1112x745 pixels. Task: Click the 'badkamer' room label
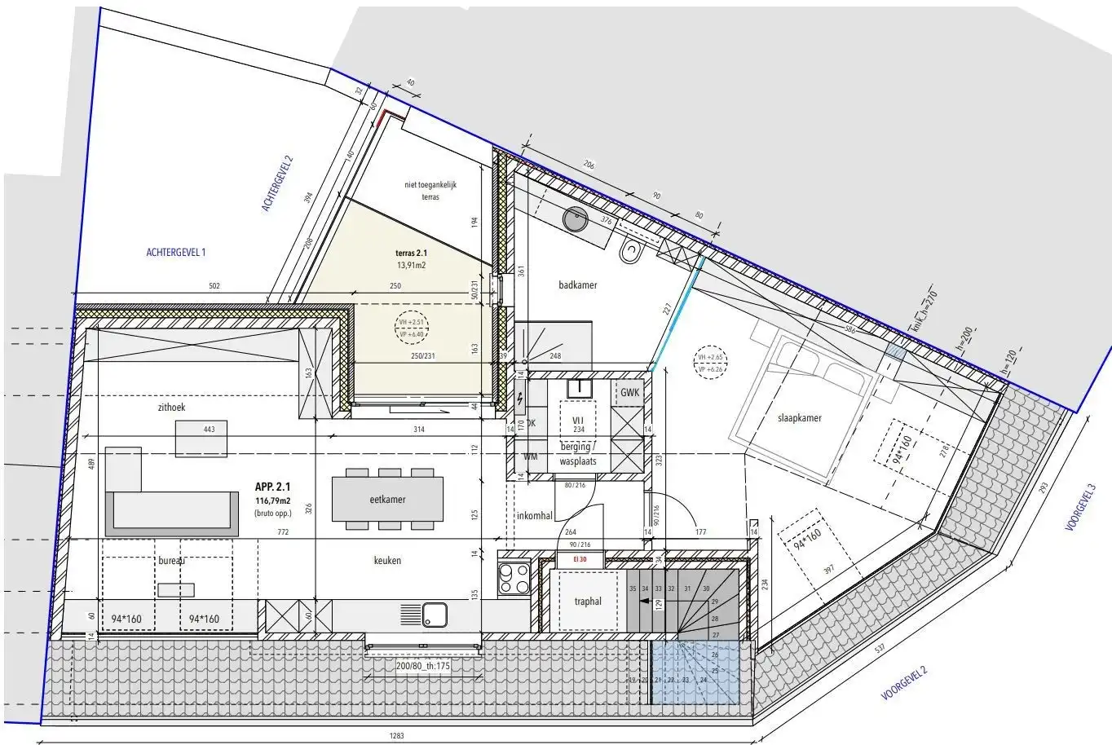[x=578, y=285]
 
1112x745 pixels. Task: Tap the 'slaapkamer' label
[x=793, y=418]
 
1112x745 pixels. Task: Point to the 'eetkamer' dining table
[x=387, y=499]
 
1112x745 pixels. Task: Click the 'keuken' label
[x=387, y=561]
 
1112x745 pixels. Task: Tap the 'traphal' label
[x=587, y=602]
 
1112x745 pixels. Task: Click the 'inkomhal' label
[x=535, y=516]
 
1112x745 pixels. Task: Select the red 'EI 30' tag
[x=580, y=560]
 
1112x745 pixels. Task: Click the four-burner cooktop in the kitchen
[x=515, y=578]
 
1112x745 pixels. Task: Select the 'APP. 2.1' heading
[x=272, y=487]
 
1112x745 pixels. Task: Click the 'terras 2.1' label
[x=412, y=253]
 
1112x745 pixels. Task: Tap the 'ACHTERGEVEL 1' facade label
[x=176, y=253]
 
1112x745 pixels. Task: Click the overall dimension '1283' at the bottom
[x=396, y=736]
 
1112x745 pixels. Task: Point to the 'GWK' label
[x=630, y=392]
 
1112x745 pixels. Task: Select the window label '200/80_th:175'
[x=423, y=666]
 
